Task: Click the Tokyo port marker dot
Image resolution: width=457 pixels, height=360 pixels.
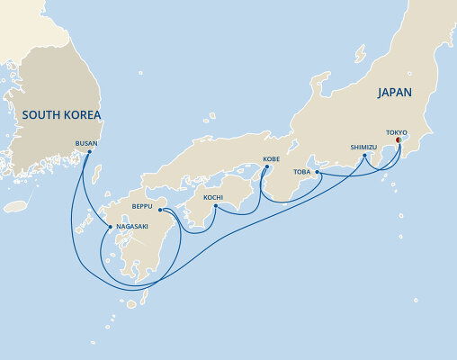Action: point(398,139)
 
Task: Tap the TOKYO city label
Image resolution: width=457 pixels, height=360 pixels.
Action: point(397,130)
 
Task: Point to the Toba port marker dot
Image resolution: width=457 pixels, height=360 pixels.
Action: point(318,171)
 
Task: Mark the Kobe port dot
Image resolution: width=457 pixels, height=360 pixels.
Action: point(264,167)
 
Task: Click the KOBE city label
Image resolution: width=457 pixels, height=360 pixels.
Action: point(272,158)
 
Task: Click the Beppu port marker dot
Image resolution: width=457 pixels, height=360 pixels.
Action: point(160,211)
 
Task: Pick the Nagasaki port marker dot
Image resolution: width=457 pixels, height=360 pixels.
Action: point(111,227)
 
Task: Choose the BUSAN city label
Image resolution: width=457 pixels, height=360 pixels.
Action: point(87,142)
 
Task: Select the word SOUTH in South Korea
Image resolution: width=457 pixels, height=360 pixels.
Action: point(40,115)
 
